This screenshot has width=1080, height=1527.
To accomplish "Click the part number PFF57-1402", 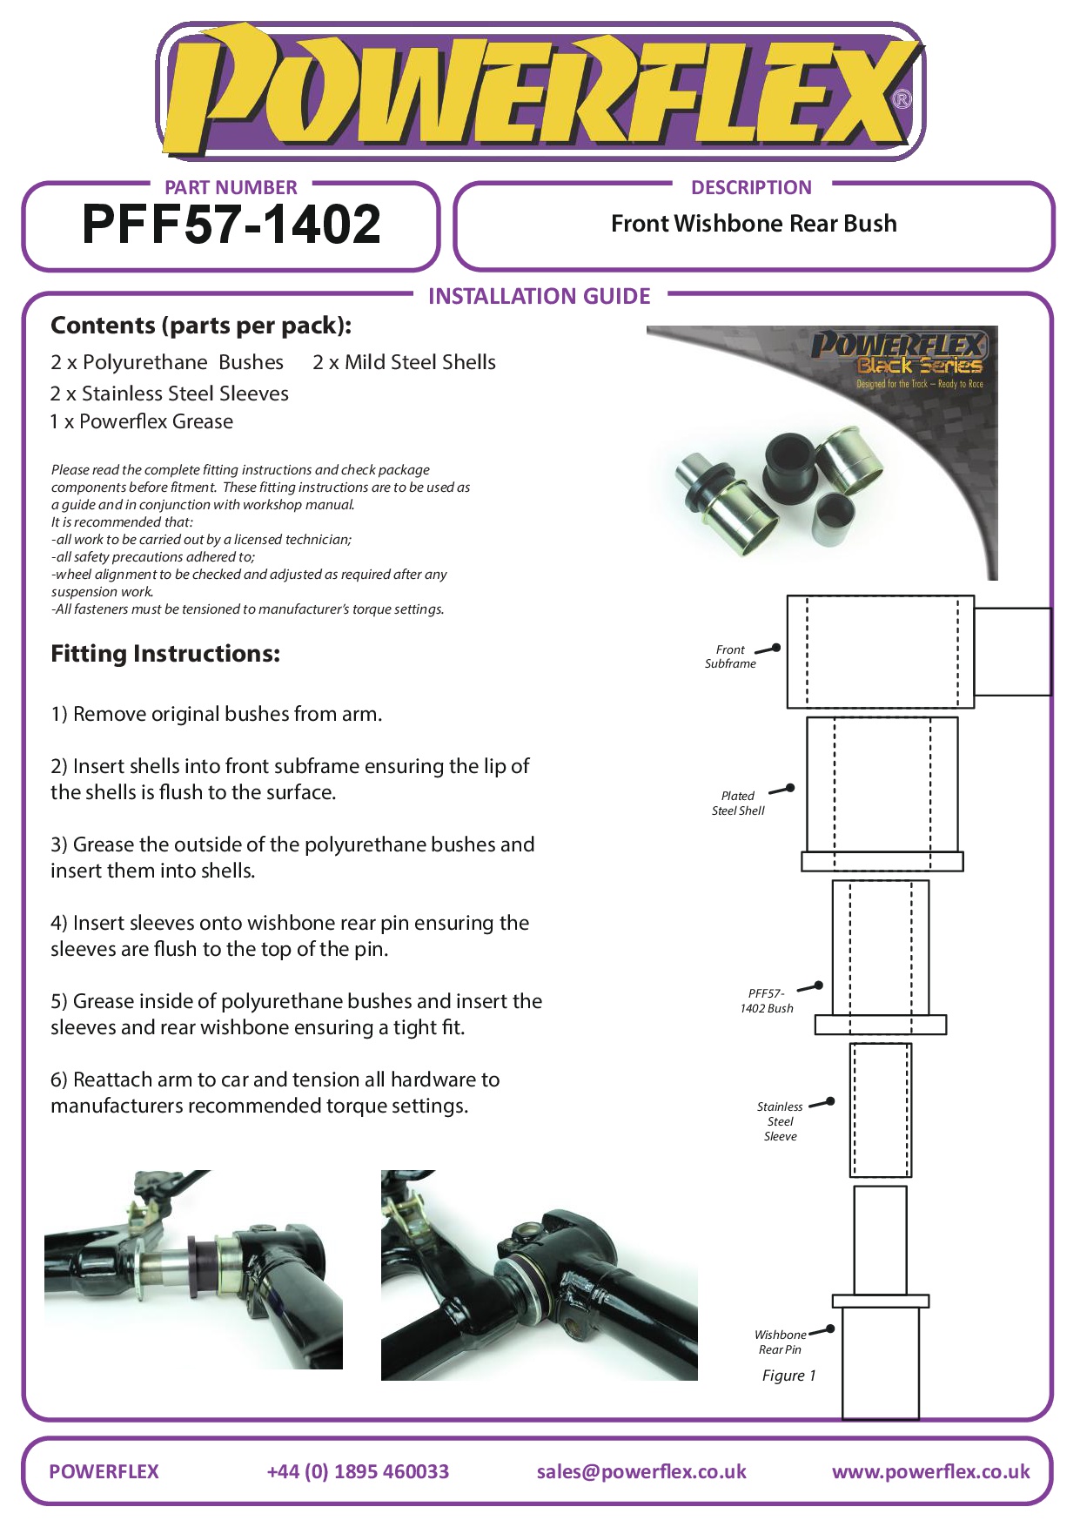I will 231,225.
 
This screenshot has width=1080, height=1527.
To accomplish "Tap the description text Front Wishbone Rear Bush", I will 754,224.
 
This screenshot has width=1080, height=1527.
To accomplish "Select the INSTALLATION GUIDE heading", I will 539,297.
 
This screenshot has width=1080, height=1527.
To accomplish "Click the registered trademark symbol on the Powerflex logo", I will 902,99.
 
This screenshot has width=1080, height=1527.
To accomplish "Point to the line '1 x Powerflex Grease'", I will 142,421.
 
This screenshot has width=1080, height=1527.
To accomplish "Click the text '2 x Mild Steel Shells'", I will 404,362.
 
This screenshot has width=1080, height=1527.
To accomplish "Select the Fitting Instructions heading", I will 165,654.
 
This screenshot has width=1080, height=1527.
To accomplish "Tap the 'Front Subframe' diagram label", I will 730,656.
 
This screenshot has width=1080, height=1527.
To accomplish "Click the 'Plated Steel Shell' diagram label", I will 738,803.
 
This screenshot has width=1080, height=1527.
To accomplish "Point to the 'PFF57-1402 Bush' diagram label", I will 767,1000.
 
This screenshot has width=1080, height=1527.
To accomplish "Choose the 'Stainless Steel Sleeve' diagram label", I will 780,1121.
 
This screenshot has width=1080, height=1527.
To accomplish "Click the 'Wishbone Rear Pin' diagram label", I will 780,1342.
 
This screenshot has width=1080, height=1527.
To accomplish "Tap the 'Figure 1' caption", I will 788,1376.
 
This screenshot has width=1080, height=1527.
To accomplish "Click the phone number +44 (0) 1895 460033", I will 358,1471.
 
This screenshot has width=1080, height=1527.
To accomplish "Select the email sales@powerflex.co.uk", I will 641,1471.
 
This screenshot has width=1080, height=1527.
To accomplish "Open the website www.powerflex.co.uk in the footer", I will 930,1471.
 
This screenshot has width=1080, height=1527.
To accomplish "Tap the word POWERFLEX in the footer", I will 104,1471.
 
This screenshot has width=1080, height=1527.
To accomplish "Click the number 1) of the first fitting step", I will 59,715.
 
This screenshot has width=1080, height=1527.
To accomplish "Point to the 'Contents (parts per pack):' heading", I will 201,326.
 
